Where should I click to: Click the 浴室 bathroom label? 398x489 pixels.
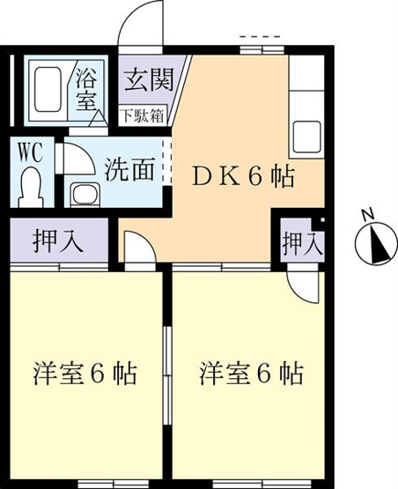click(x=86, y=89)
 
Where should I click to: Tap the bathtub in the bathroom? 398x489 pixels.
click(x=47, y=89)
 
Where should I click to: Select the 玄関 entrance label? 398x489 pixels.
click(x=149, y=79)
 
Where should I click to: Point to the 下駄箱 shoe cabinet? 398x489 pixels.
click(x=143, y=115)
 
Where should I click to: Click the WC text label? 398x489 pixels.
click(x=31, y=152)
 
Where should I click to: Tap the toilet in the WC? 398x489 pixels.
click(x=30, y=187)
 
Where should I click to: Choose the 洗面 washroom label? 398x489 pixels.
click(x=129, y=170)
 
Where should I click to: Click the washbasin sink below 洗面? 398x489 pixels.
click(x=85, y=195)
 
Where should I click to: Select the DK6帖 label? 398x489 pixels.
click(x=243, y=176)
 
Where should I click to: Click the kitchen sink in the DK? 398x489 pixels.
click(x=306, y=137)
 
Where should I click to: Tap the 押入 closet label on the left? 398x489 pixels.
click(x=58, y=241)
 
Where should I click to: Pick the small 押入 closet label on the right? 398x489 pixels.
click(x=302, y=243)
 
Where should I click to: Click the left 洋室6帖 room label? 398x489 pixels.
click(x=85, y=373)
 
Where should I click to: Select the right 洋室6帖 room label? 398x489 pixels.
click(x=251, y=373)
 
